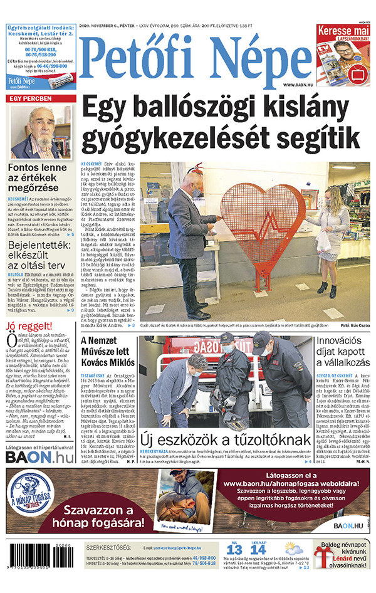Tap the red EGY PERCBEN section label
(x=29, y=99)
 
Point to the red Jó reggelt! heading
(x=28, y=327)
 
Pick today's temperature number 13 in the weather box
(x=235, y=550)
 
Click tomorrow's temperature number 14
(x=258, y=550)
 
